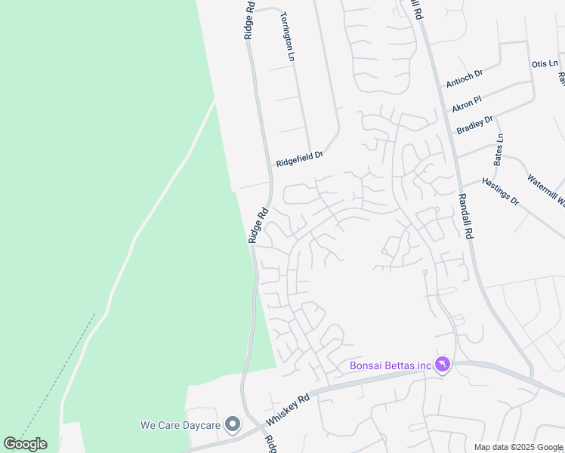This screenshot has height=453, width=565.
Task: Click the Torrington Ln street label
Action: coord(286,35)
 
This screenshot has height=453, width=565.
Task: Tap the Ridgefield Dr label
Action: coord(299,159)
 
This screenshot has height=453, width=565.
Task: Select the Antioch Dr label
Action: coord(464,79)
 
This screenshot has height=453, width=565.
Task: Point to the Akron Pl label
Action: coord(467,104)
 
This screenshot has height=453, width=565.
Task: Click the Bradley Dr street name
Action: coord(475,125)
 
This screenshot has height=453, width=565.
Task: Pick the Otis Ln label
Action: coord(544,64)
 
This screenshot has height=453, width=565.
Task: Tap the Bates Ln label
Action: coord(499,149)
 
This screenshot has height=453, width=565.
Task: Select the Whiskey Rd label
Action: coord(288,408)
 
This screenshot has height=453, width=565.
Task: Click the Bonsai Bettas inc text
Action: coord(389,366)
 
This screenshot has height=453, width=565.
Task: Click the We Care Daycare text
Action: coord(180,425)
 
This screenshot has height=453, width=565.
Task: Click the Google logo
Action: coord(25,444)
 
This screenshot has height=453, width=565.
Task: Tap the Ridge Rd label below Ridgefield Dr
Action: coord(258,226)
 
